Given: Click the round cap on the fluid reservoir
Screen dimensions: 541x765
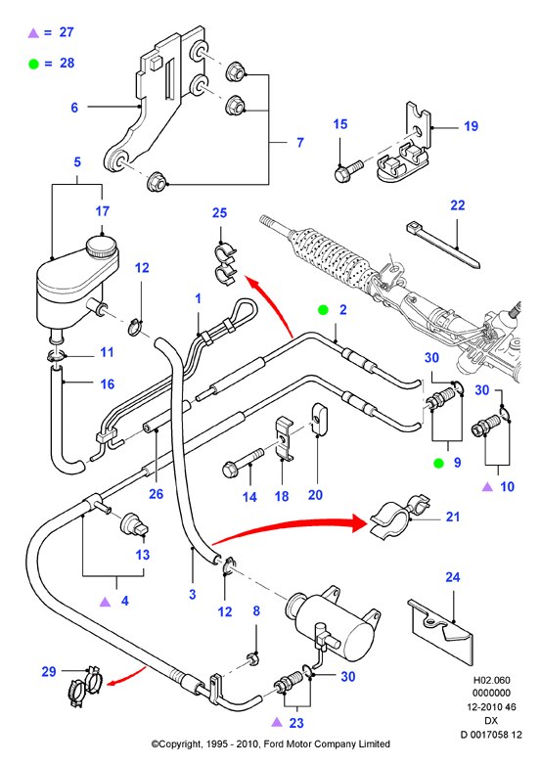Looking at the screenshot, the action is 101,247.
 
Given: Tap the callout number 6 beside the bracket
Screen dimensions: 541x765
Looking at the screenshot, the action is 74,108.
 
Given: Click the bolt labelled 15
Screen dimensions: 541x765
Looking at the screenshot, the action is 348,170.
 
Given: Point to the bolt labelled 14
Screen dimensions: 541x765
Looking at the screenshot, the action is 243,462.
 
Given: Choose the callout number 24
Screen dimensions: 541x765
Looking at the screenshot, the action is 452,577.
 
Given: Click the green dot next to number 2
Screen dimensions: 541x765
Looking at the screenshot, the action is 323,310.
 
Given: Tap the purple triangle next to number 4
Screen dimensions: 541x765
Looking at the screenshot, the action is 105,602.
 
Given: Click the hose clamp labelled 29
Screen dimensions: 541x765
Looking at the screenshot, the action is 84,685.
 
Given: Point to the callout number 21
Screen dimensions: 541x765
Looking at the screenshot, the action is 452,517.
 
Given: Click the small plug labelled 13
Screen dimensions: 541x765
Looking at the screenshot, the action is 134,524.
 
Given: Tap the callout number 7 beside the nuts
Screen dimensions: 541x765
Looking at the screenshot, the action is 300,143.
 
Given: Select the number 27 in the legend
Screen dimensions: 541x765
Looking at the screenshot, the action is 67,32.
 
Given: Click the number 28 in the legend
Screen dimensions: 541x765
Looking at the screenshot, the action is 67,63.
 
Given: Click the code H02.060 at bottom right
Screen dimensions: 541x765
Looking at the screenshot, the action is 491,680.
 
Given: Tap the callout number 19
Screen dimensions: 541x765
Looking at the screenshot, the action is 471,126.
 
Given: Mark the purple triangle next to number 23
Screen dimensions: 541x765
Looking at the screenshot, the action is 277,722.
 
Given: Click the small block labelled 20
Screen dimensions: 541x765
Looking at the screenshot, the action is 318,418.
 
